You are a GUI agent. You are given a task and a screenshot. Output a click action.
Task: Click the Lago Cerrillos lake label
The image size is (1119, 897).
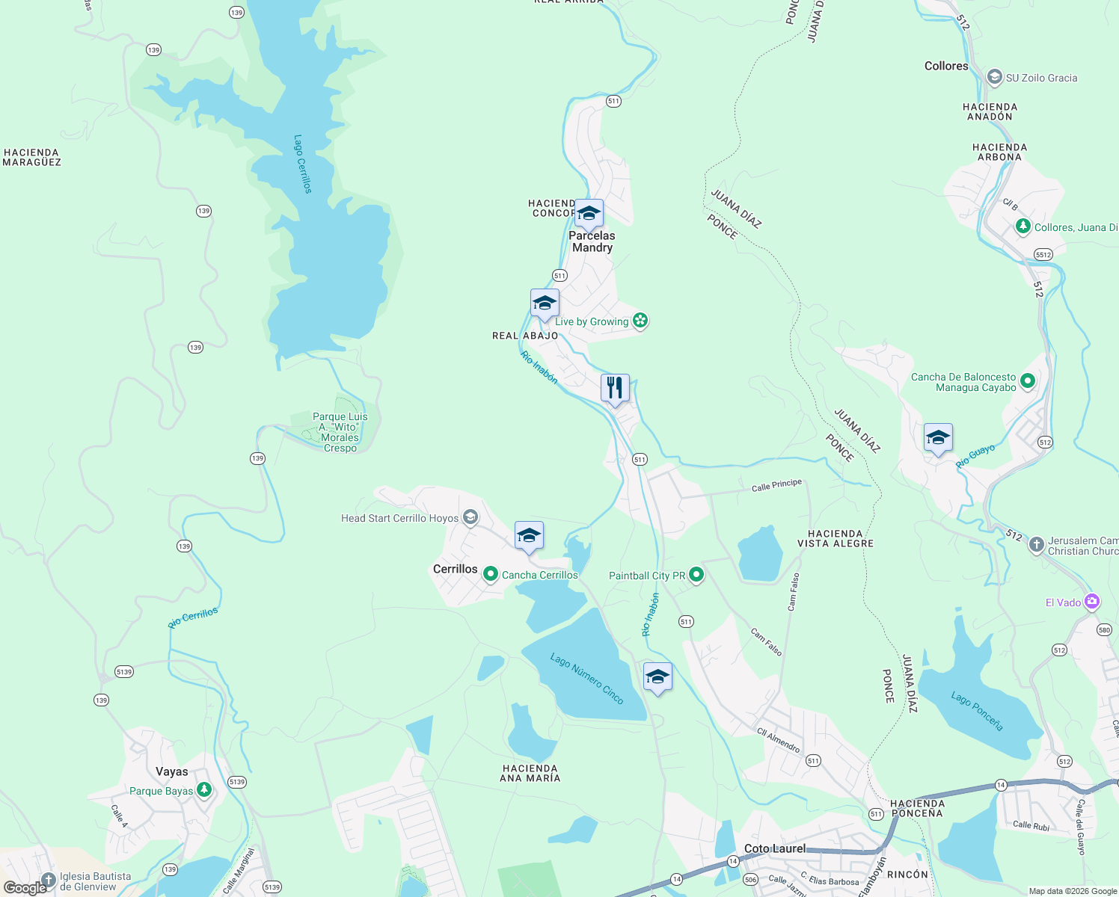pos(302,164)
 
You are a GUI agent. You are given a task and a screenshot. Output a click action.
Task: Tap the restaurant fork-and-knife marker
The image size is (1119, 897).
pos(615,388)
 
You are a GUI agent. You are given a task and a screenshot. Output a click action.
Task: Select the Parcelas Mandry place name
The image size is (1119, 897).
pos(592,241)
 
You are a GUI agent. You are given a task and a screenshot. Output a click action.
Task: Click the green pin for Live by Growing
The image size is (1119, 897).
pos(640,321)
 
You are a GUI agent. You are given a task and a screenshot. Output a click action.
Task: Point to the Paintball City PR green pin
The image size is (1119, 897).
pos(696,575)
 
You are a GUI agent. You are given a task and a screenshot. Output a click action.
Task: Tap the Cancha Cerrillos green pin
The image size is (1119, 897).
pos(491,574)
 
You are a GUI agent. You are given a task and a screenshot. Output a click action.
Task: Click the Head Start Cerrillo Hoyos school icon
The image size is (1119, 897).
pos(470,517)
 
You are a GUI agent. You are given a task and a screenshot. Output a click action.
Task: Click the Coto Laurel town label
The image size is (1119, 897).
pos(775,848)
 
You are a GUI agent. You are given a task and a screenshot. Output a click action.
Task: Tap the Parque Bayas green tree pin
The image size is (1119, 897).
pos(203,790)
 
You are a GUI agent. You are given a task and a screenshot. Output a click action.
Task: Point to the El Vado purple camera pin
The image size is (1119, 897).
pos(1092,602)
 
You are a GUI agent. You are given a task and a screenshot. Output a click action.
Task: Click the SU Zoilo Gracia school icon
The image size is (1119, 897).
pos(994,77)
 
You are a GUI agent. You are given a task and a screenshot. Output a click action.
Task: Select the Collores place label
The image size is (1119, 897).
pos(946,66)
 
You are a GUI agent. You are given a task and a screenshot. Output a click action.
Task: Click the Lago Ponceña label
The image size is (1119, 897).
pos(977,711)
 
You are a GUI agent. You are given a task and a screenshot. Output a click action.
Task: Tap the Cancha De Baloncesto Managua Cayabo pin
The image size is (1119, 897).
pos(1028,381)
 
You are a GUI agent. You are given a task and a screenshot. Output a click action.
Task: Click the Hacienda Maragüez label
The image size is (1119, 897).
pos(31,157)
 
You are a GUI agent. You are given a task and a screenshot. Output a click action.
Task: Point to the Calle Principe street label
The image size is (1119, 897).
pos(776,485)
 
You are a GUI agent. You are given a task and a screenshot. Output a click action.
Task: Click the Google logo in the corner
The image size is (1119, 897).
pos(25,887)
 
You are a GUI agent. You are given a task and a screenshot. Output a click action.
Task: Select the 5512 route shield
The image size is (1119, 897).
pos(1043,255)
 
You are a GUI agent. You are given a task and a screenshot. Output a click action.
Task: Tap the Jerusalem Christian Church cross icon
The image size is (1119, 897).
pos(1036,545)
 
